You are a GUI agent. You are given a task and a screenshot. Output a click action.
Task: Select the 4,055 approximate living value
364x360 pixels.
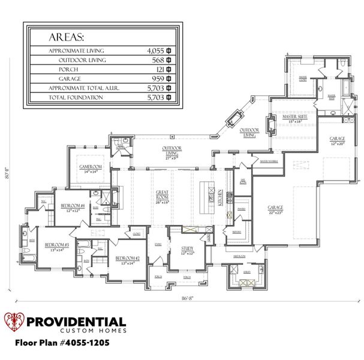pyautogui.click(x=155, y=50)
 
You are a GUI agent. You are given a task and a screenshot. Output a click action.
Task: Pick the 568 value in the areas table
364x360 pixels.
pyautogui.click(x=158, y=60)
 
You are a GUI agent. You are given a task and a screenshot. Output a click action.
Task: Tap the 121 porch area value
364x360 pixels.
pyautogui.click(x=159, y=69)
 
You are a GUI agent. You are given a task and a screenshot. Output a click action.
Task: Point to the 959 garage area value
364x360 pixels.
pyautogui.click(x=158, y=79)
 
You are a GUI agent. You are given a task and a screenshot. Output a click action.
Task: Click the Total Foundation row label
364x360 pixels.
pyautogui.click(x=71, y=97)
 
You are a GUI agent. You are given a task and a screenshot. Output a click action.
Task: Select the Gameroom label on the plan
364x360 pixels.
pyautogui.click(x=91, y=168)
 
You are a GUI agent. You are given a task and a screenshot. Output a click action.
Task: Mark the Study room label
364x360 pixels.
pyautogui.click(x=186, y=249)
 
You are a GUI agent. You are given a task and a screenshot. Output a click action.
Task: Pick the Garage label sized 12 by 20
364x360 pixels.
pyautogui.click(x=337, y=140)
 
